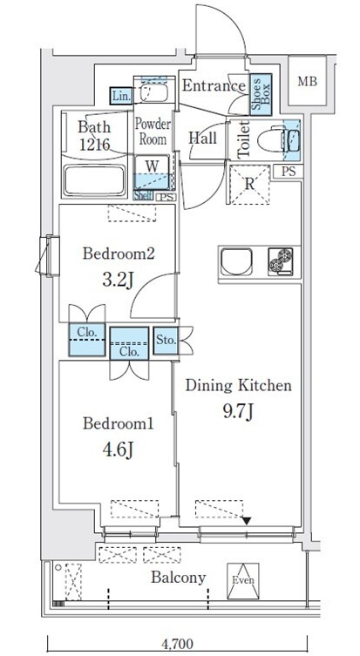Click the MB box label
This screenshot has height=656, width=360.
coord(307,82)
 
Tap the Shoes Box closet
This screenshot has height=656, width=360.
coord(258,94)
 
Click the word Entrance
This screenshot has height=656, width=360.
coord(213,85)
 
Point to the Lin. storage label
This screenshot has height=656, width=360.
coord(120,96)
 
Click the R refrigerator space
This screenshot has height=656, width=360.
coord(248,184)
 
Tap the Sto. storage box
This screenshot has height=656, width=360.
coord(165,339)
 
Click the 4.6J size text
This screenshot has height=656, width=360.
coord(117,450)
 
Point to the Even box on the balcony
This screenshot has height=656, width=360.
coord(242,581)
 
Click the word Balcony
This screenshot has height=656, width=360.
coord(178,577)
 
